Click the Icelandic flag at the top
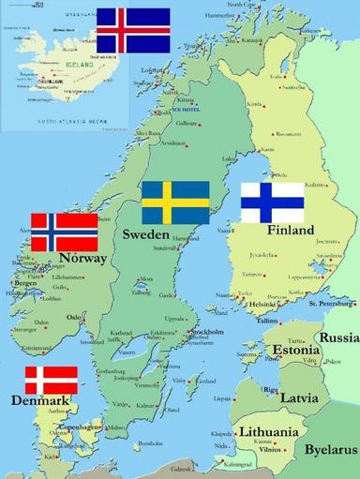[133, 30]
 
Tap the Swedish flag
[174, 202]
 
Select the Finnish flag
[272, 202]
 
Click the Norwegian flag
[65, 232]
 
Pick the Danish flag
[51, 380]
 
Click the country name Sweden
[146, 233]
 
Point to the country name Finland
[290, 230]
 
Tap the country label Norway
[82, 258]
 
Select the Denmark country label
[39, 402]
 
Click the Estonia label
[296, 351]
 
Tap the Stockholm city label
[205, 332]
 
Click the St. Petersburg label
[333, 303]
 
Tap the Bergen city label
[25, 282]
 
